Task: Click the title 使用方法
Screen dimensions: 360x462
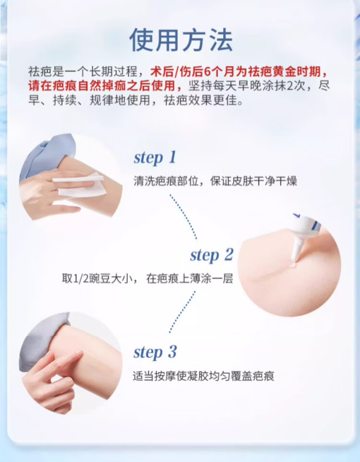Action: coord(181,40)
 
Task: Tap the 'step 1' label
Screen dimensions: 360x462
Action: coord(155,157)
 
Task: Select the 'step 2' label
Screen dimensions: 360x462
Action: coord(212,255)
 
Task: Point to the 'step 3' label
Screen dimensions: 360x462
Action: coord(155,352)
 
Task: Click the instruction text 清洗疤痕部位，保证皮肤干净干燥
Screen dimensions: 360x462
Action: coord(215,181)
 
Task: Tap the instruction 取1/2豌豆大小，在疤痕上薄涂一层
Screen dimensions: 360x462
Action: coord(148,278)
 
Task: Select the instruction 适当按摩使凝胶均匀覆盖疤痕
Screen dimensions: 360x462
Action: coord(203,376)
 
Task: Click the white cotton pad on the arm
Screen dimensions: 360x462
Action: coord(80,185)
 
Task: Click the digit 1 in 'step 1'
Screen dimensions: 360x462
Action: coord(173,157)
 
